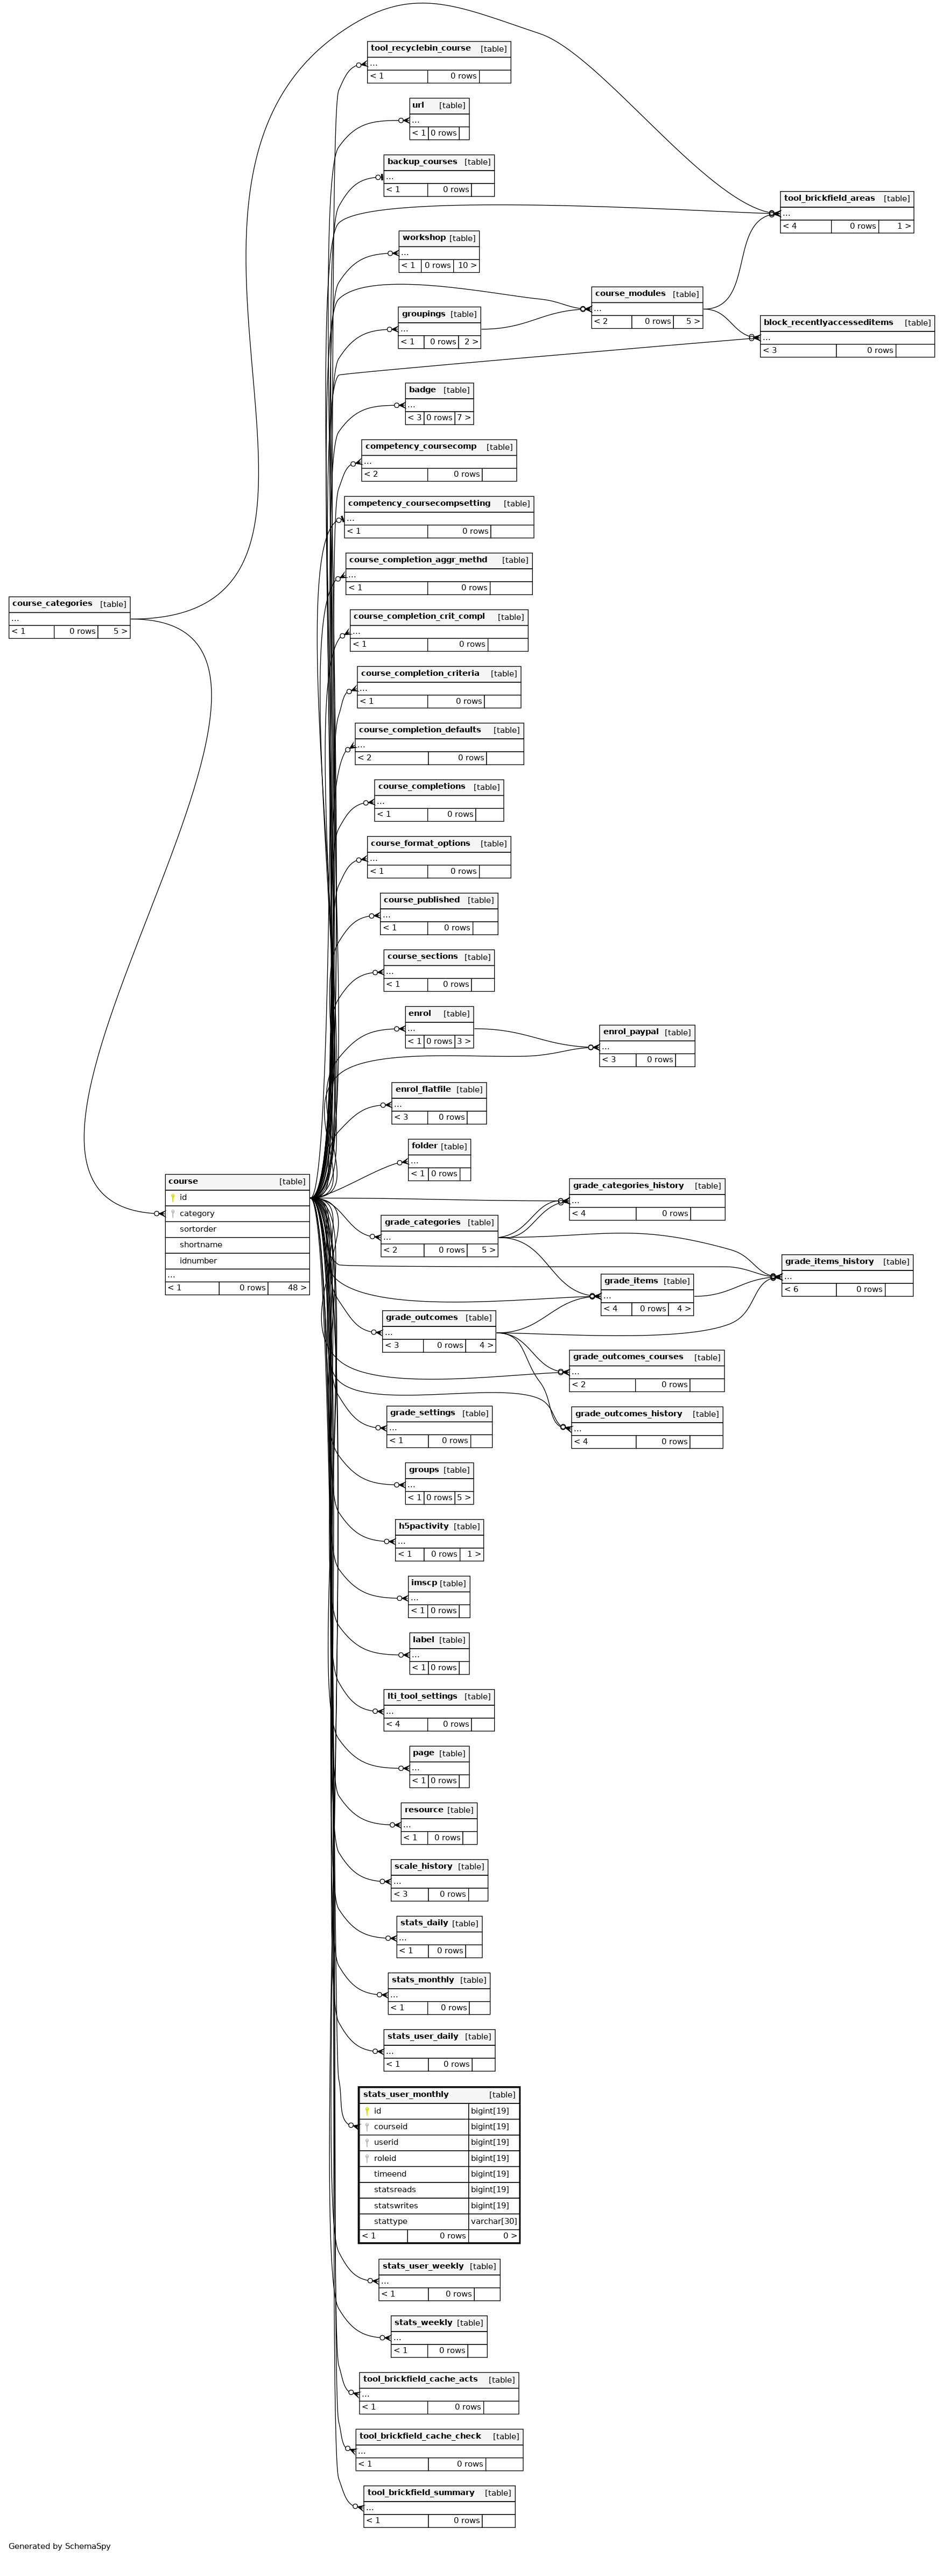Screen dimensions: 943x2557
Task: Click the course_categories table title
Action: coord(53,604)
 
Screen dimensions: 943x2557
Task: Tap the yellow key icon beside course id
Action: coord(173,1198)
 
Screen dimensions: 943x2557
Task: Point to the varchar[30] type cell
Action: coord(494,2221)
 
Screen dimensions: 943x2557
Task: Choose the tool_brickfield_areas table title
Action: coord(829,199)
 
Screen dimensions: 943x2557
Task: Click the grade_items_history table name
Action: coord(829,1262)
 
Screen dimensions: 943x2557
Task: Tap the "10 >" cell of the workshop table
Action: coord(467,266)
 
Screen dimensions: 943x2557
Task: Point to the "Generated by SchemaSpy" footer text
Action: coord(60,2546)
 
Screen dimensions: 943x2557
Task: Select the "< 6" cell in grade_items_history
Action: coord(791,1289)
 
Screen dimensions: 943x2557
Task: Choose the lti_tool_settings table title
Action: coord(422,1697)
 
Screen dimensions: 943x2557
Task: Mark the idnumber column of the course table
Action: coord(199,1261)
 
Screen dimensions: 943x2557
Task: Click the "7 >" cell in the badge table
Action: coord(463,418)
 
